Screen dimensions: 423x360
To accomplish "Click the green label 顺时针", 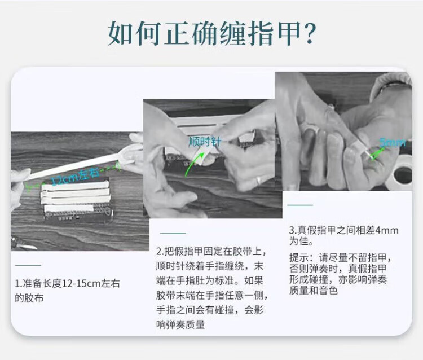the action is pos(205,142).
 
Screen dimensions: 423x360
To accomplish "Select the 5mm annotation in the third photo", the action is pos(393,142).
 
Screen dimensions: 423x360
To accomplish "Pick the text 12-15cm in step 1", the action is pos(81,284).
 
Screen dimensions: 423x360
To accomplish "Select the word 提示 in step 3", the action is pos(299,258).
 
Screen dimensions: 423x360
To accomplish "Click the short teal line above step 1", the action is pos(28,266).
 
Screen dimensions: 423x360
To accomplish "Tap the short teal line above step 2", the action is pos(173,234).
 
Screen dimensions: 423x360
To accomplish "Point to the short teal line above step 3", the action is pos(300,205).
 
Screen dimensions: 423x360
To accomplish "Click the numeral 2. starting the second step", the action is pos(160,252).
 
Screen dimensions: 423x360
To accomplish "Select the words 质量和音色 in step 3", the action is pos(314,291).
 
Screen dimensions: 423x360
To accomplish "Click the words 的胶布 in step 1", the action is pos(29,298).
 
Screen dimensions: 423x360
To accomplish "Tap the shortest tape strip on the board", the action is pos(69,208).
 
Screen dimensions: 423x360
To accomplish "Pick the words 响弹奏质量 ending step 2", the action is pos(180,324).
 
